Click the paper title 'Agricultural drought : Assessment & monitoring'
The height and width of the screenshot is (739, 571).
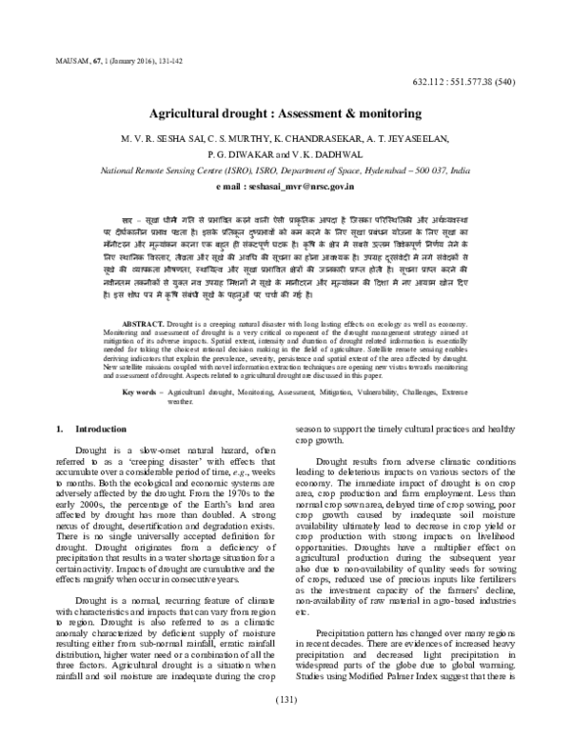285,112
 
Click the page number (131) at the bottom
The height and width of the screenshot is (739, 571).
285,728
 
